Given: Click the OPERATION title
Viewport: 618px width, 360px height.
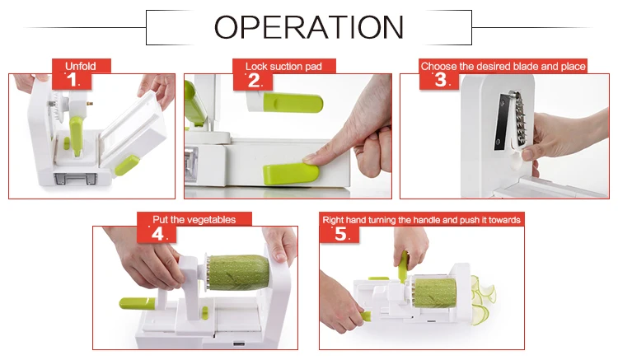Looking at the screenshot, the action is [309, 27].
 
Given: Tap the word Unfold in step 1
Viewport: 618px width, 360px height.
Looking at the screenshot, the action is [81, 66].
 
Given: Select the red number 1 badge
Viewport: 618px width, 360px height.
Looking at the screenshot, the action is [73, 80].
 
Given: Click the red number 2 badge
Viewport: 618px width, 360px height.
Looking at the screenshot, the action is [253, 81].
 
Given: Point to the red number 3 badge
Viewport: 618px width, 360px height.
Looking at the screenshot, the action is [439, 80].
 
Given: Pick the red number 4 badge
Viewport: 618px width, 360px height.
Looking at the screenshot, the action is [157, 234].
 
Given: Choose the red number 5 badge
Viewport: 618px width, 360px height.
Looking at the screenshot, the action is [339, 234].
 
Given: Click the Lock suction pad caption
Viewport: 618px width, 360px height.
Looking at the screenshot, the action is [283, 66].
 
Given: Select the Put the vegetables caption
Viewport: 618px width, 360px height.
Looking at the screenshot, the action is [194, 219].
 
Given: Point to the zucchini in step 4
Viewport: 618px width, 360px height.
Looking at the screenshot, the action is [238, 272].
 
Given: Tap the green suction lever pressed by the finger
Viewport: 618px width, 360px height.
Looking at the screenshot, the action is [291, 173].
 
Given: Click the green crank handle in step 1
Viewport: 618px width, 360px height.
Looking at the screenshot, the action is [77, 135].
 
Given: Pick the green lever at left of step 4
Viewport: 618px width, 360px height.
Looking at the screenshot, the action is [137, 303].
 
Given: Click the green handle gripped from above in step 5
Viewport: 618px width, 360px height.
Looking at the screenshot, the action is [403, 267].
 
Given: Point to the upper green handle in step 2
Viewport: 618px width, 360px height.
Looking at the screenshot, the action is [293, 103].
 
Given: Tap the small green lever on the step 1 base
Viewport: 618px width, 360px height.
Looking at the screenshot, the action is [126, 165].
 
